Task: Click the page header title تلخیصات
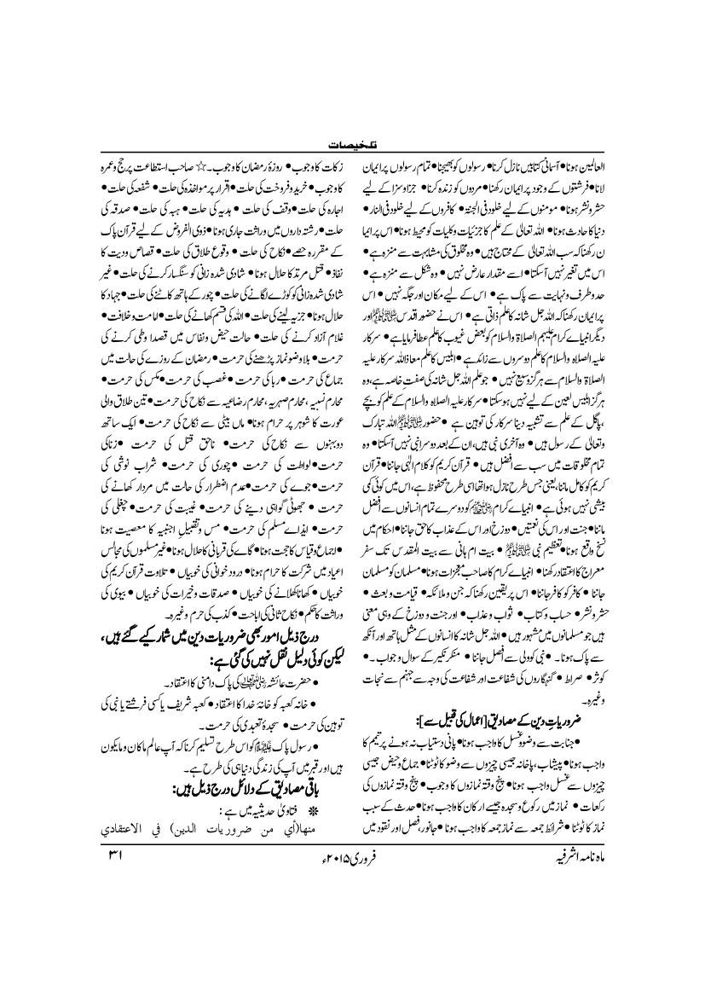351,146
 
